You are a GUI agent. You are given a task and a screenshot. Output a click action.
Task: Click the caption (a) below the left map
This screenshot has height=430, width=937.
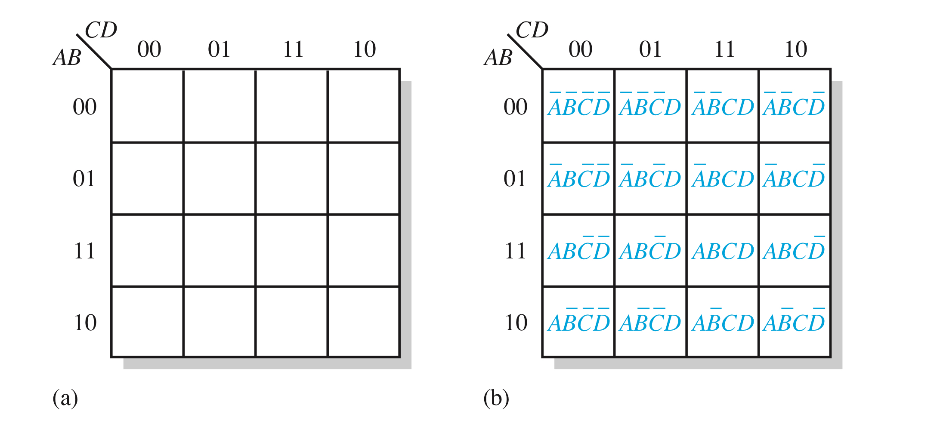tap(65, 398)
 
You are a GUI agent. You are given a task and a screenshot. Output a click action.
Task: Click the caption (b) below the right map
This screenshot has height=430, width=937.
tap(496, 398)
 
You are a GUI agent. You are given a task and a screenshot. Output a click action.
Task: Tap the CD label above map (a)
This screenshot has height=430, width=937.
tap(101, 30)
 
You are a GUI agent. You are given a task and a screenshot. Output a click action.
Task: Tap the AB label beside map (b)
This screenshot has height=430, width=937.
tap(498, 57)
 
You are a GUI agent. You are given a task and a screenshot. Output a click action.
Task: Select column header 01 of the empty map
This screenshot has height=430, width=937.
tap(219, 49)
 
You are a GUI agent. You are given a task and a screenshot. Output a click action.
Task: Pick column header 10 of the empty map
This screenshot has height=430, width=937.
tap(365, 49)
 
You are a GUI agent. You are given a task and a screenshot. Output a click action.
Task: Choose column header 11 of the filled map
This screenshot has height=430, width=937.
tap(724, 49)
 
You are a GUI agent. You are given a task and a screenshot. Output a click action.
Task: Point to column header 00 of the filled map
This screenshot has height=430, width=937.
tap(580, 49)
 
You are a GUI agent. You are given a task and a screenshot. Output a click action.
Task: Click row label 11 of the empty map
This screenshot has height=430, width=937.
tap(84, 251)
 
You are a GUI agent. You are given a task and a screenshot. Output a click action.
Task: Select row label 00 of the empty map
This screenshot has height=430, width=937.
tap(84, 107)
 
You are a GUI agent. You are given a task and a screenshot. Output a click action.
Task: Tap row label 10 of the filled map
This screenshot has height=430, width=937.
tap(516, 322)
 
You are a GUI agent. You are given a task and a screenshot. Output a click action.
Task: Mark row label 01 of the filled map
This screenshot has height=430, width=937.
tap(515, 178)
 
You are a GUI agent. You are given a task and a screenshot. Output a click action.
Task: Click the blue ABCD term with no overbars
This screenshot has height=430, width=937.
tap(723, 251)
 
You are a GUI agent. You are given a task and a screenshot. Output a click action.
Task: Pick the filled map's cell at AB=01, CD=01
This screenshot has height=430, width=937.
tap(650, 178)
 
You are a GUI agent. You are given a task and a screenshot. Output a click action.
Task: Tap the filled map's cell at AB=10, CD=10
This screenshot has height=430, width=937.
tap(794, 322)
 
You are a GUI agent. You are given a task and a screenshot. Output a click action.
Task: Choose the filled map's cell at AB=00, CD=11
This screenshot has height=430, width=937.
tap(723, 106)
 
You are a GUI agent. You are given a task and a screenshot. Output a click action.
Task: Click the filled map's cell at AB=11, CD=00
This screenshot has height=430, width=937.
tap(578, 250)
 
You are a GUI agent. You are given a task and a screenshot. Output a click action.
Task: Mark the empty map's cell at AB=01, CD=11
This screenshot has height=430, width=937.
tap(291, 178)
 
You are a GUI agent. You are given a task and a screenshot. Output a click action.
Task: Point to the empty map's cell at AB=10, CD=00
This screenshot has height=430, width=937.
tap(147, 322)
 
